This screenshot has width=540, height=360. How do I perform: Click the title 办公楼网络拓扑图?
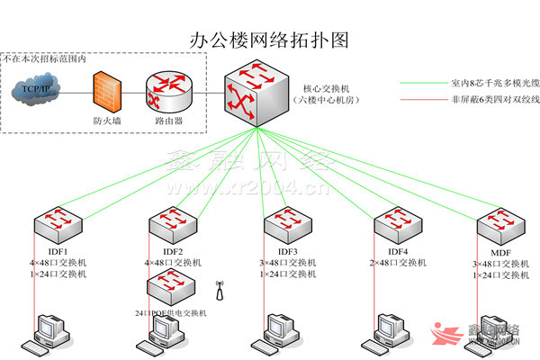[x=269, y=40]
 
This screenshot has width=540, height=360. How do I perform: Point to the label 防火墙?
[x=106, y=120]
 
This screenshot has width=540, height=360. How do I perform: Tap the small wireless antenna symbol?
[x=217, y=289]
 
